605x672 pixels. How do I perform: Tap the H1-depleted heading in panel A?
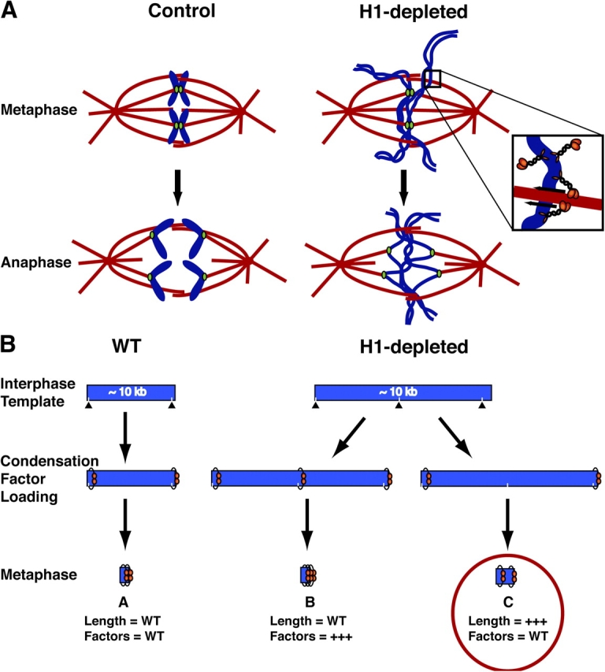pos(409,14)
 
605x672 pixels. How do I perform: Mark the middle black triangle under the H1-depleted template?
pos(399,405)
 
